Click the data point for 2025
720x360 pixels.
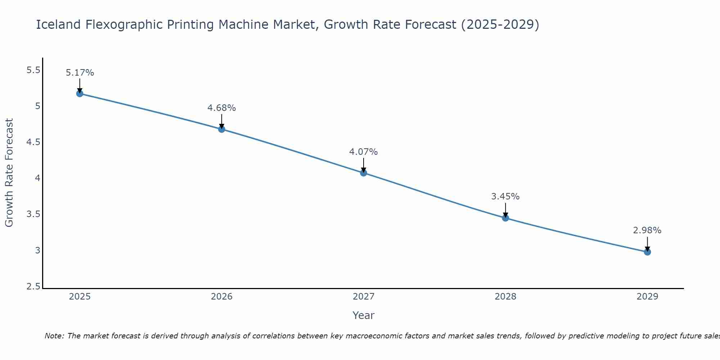click(80, 94)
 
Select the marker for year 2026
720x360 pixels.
click(222, 129)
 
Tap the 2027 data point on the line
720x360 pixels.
click(364, 173)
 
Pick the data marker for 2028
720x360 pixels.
click(505, 218)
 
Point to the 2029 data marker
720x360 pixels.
click(647, 252)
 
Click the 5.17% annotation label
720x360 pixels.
click(80, 73)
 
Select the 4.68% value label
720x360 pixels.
click(222, 108)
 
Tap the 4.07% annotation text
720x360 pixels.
click(364, 152)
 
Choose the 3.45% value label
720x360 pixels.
click(505, 197)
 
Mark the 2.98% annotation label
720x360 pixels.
click(647, 230)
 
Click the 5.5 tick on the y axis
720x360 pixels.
click(33, 70)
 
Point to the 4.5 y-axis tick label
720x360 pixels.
click(33, 143)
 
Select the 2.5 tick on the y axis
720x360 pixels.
click(33, 287)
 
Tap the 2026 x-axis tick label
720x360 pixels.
click(222, 297)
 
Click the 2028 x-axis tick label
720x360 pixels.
click(505, 297)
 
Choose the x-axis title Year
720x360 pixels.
click(364, 315)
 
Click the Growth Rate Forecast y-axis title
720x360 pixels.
click(9, 173)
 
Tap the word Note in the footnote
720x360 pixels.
click(54, 336)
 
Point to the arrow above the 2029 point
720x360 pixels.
click(647, 244)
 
